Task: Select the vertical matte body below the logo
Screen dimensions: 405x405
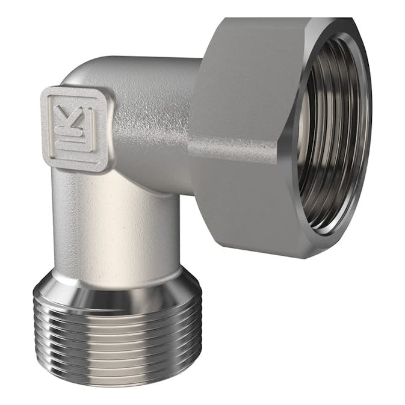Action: point(114,229)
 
